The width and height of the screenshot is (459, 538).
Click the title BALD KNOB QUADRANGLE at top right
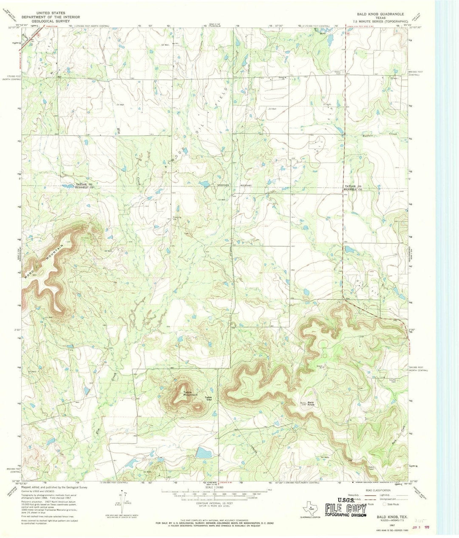tap(378, 14)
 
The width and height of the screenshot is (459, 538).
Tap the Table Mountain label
tap(190, 394)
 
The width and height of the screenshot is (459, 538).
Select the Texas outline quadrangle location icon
tap(310, 507)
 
